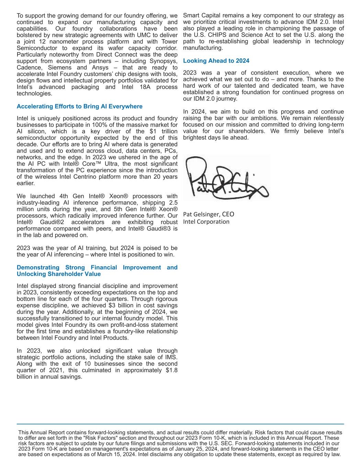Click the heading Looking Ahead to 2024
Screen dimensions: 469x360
tap(216, 61)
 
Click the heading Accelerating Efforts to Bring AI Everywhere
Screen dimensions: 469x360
tap(79, 107)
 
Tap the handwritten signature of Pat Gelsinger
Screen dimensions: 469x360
tap(227, 178)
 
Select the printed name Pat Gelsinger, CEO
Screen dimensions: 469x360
tap(209, 214)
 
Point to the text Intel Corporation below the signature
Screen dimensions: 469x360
tap(206, 222)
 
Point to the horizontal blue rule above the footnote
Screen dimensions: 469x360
tap(180, 424)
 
